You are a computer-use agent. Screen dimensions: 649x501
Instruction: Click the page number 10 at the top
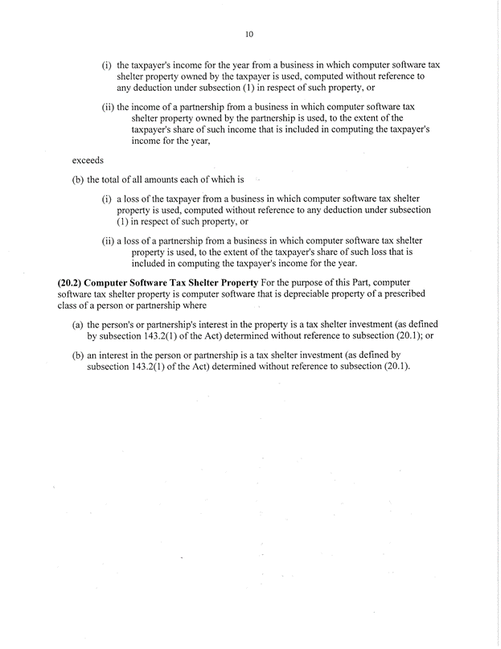pos(249,35)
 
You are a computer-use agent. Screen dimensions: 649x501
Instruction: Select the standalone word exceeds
pos(88,160)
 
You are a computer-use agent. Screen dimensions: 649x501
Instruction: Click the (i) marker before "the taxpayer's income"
pos(106,64)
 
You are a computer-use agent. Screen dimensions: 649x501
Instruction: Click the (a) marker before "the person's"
pos(78,324)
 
